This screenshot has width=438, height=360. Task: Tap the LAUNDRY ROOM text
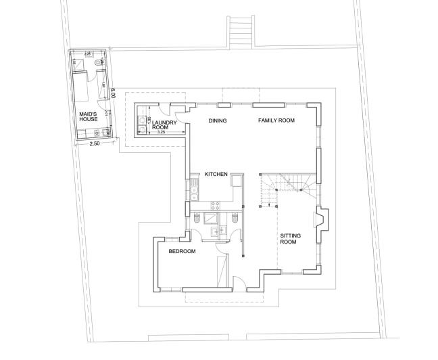[164, 125]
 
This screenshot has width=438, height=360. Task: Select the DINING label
[217, 121]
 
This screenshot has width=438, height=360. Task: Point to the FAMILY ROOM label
[276, 121]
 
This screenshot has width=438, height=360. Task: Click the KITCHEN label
[216, 175]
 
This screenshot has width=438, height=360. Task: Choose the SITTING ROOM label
[289, 238]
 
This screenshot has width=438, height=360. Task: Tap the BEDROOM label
[182, 252]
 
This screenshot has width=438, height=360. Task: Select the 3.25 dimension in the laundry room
[161, 132]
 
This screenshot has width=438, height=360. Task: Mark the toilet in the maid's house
[99, 64]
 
